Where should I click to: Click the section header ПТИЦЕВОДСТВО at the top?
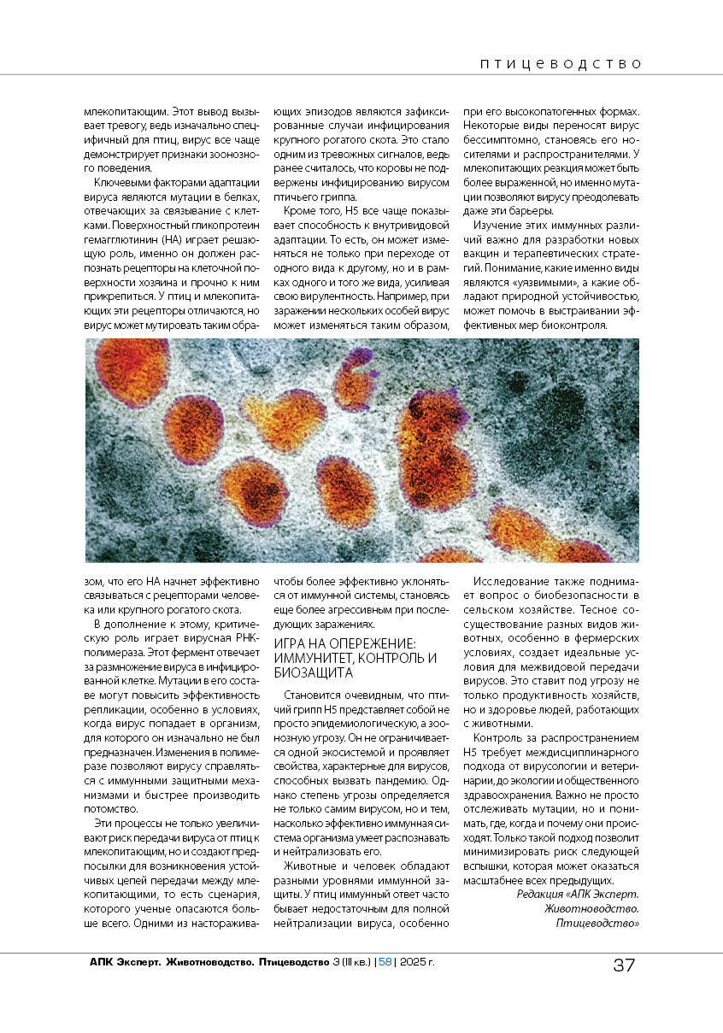pos(561,63)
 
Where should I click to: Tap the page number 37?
pos(624,966)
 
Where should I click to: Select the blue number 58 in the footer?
pos(385,963)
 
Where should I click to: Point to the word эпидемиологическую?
pos(360,723)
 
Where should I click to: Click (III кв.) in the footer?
pos(355,963)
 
